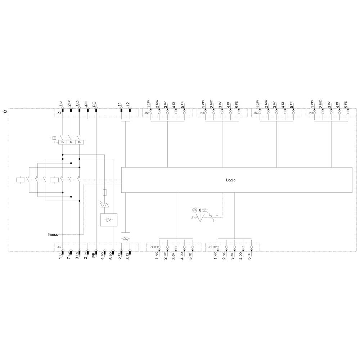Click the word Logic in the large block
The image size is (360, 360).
click(230, 180)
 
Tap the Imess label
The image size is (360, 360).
click(53, 234)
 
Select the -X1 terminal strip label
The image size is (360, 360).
click(58, 113)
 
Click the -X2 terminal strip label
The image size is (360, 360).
click(58, 247)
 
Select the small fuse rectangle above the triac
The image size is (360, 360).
click(105, 192)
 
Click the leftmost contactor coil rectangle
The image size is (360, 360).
click(21, 180)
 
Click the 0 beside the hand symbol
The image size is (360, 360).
click(200, 210)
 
